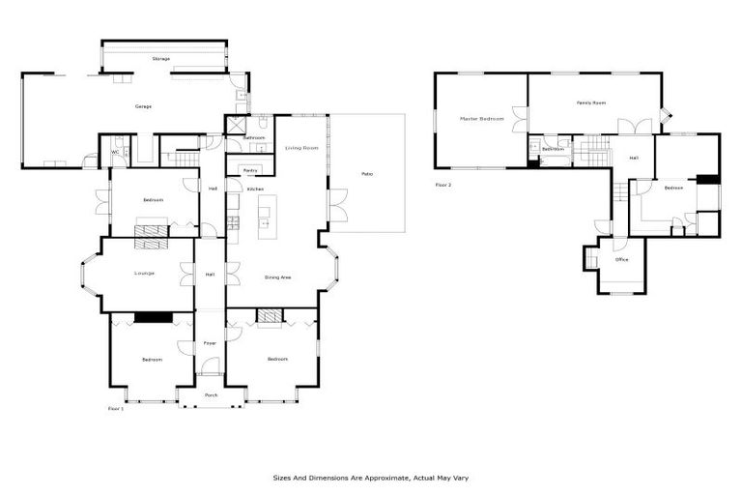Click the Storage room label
(x=160, y=59)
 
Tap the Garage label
(x=143, y=106)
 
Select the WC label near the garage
(x=115, y=152)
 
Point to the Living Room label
(x=301, y=148)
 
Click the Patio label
(x=367, y=174)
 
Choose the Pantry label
(x=250, y=170)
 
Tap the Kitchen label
(x=255, y=189)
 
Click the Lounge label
(x=145, y=274)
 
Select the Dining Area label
(x=278, y=277)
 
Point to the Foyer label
(x=210, y=343)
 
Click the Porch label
(x=211, y=395)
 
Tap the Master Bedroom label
(x=481, y=118)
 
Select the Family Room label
(x=591, y=102)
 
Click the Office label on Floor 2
(x=622, y=260)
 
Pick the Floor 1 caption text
(x=115, y=409)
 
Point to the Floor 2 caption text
(x=443, y=184)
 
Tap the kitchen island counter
(x=264, y=218)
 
